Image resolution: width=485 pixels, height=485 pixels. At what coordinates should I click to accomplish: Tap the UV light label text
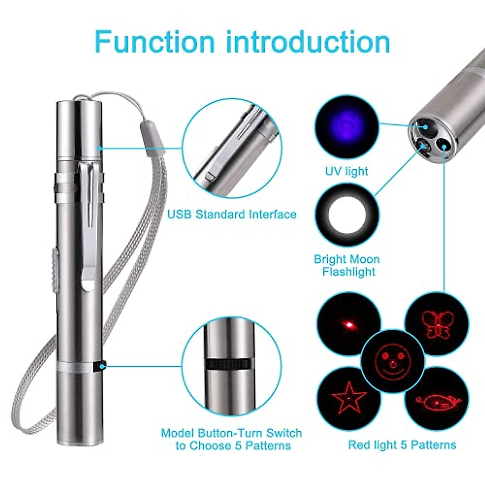tap(346, 171)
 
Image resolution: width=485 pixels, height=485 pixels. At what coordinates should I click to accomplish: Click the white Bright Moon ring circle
tap(347, 215)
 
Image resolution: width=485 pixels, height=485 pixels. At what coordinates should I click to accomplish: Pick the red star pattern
tap(348, 398)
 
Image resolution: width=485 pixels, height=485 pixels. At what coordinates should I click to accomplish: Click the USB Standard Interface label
tap(232, 214)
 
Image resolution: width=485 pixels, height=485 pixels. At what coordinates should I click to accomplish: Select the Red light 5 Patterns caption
tap(402, 445)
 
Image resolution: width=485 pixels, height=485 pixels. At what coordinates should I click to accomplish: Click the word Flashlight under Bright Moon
tap(348, 272)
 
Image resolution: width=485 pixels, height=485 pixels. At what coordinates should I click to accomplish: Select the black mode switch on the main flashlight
tap(99, 367)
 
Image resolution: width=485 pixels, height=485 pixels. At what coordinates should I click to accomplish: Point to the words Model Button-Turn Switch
tap(231, 433)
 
